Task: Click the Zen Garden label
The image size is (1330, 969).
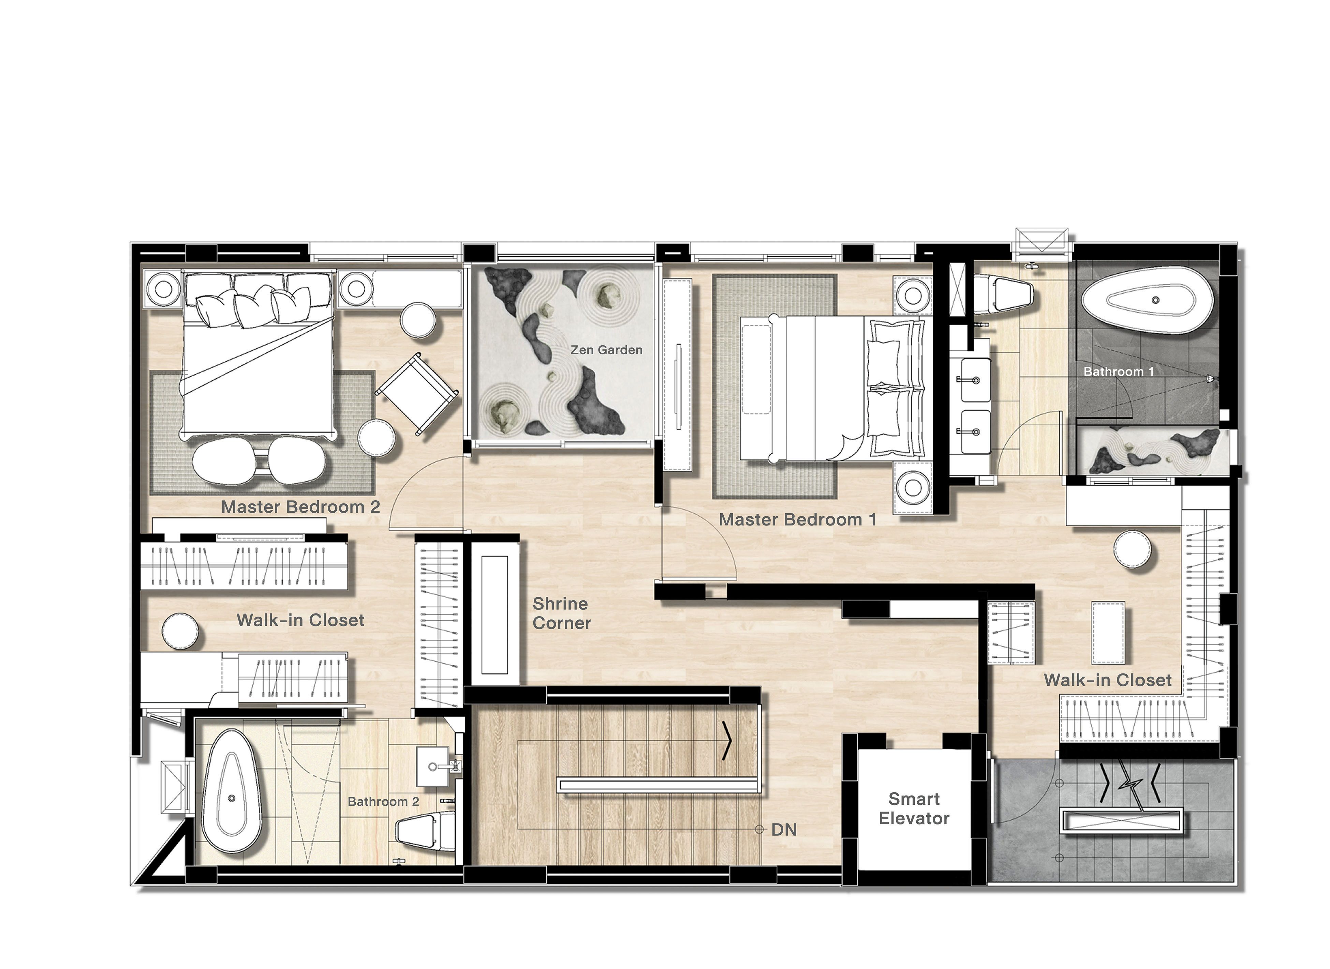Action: (x=606, y=350)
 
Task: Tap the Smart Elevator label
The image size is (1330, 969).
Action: (x=914, y=808)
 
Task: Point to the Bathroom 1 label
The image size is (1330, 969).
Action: (x=1119, y=371)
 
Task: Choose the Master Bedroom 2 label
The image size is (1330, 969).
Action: (x=300, y=507)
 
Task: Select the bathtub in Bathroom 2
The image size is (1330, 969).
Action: (x=232, y=791)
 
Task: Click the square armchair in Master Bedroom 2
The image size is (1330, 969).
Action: (x=417, y=394)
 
